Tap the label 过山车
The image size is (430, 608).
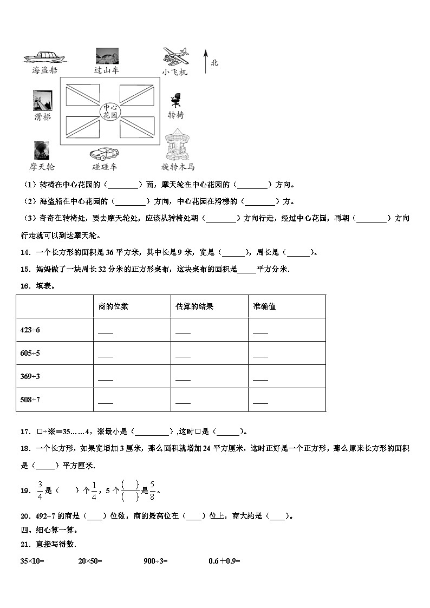coord(107,70)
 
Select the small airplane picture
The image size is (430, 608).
coord(176,56)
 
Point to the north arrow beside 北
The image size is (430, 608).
coord(205,61)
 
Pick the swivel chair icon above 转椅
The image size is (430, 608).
coord(175,101)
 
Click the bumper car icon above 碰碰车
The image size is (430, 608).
coord(105,153)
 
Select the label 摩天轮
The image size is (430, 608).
coord(42,167)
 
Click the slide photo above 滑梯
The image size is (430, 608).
coord(42,101)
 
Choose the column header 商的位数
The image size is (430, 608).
coord(113,306)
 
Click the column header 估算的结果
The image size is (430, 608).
coord(194,306)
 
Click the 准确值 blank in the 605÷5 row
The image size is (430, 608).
coord(260,355)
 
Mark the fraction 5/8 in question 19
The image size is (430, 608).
coord(153,490)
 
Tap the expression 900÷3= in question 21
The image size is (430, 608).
coord(155,561)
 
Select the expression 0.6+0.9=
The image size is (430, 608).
coord(224,561)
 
